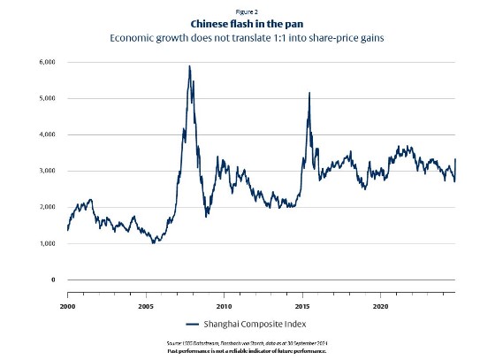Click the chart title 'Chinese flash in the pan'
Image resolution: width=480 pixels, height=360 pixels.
click(x=240, y=24)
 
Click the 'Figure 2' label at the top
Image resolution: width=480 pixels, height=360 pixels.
click(x=240, y=11)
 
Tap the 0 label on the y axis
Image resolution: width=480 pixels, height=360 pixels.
click(x=52, y=280)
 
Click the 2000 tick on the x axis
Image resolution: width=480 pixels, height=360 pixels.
click(x=68, y=306)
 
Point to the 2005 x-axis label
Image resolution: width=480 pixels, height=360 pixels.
click(x=146, y=306)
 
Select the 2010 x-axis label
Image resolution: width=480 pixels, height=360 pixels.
click(x=224, y=306)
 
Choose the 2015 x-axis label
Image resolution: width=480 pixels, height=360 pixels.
click(x=302, y=306)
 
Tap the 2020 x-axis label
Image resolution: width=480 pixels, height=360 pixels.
click(x=380, y=306)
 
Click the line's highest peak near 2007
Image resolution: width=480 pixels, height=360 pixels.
click(x=189, y=66)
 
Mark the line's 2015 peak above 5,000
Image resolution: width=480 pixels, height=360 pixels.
click(x=309, y=93)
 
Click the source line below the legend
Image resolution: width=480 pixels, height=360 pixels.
click(x=240, y=343)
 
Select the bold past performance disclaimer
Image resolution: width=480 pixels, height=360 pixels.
click(x=240, y=351)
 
